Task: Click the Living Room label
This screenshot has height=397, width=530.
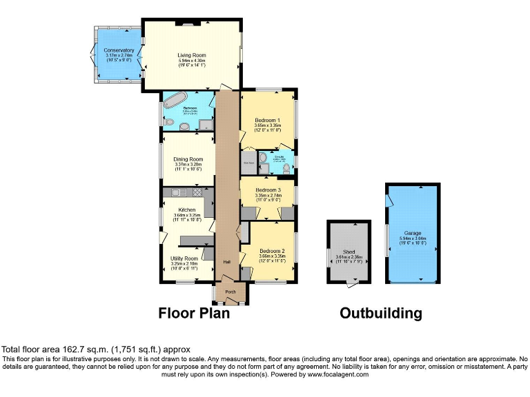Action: (192, 56)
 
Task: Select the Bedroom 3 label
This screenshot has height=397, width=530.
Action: (268, 190)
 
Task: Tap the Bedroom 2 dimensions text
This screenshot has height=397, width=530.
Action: (272, 256)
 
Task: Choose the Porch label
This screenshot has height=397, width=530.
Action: (230, 292)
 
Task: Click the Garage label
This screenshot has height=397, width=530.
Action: (413, 234)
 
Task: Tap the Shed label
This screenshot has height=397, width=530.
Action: (349, 252)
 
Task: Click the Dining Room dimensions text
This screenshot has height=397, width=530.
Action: (188, 165)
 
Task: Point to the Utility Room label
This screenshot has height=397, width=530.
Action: (184, 258)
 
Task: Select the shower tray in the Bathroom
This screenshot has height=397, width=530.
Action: (206, 124)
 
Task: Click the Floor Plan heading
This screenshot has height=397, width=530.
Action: (194, 313)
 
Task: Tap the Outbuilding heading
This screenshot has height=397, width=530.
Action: (380, 313)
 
